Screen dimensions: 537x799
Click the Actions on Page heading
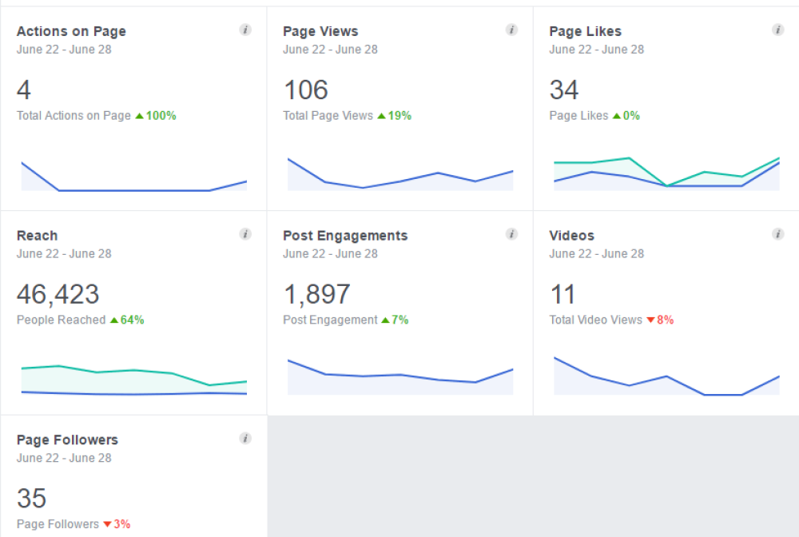(71, 32)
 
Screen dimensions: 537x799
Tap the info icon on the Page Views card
(511, 30)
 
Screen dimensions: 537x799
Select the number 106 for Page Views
(306, 89)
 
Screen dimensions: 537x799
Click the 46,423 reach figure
(58, 294)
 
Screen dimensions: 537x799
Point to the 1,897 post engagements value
(317, 294)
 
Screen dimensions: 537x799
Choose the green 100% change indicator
(157, 116)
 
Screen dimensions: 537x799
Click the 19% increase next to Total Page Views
(395, 116)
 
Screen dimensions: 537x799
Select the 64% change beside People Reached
(128, 320)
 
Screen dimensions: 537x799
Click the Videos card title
(572, 236)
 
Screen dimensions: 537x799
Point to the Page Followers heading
(67, 440)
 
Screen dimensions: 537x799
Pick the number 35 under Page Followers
(32, 499)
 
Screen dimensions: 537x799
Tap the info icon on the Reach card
(245, 235)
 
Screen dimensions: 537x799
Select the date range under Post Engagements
(330, 254)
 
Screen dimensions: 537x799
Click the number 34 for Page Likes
(564, 89)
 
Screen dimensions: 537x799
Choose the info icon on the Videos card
(777, 235)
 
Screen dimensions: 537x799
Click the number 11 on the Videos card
(562, 294)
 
